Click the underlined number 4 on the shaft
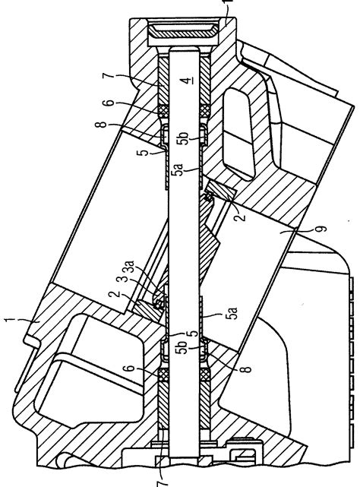coord(186,81)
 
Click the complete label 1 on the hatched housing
coord(10,320)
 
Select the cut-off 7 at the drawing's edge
coord(163,482)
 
